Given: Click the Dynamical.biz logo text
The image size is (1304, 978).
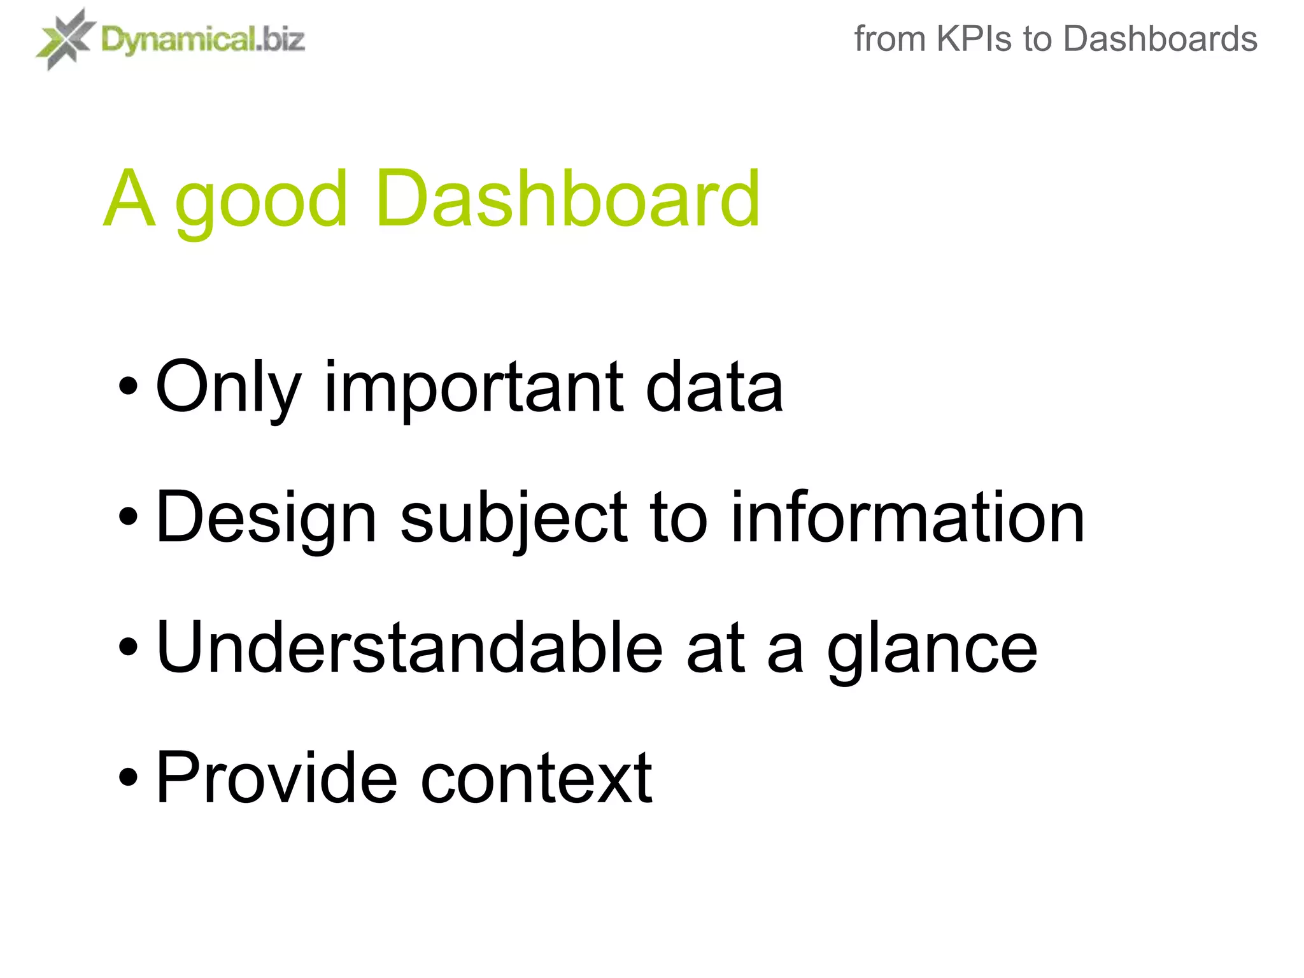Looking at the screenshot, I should point(202,40).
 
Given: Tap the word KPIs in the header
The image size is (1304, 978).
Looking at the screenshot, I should point(974,39).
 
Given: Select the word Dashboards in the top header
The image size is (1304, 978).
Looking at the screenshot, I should point(1160,39).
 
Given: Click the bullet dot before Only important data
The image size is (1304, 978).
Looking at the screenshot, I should point(128,386).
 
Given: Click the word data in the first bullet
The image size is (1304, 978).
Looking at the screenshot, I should point(714,386).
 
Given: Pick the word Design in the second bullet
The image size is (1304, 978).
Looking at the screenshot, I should point(266,517).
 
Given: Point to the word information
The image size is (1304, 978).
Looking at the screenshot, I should point(907,517).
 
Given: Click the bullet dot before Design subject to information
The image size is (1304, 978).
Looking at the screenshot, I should point(128,517).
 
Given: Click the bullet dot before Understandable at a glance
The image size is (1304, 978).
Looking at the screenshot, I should point(128,648).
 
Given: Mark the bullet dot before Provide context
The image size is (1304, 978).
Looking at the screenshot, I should point(128,778).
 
